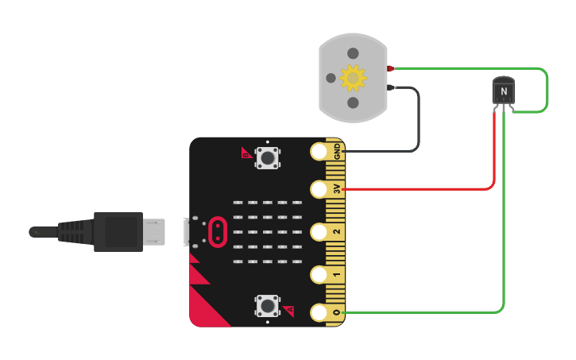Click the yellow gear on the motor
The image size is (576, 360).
click(353, 78)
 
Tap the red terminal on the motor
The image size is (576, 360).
click(390, 68)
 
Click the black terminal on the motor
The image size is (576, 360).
click(390, 87)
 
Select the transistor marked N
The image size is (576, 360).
click(503, 91)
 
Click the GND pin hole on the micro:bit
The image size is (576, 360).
click(319, 150)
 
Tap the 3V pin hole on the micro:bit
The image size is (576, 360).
click(319, 188)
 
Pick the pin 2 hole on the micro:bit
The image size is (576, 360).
click(319, 231)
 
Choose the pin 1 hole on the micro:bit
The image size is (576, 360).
click(319, 274)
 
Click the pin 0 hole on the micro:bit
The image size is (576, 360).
click(319, 312)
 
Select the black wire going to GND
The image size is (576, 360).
click(417, 127)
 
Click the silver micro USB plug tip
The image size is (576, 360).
click(154, 231)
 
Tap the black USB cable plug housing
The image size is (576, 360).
click(118, 231)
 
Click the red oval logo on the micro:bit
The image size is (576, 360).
click(216, 231)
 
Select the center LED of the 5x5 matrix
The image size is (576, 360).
click(268, 231)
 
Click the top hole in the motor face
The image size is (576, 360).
click(353, 53)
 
